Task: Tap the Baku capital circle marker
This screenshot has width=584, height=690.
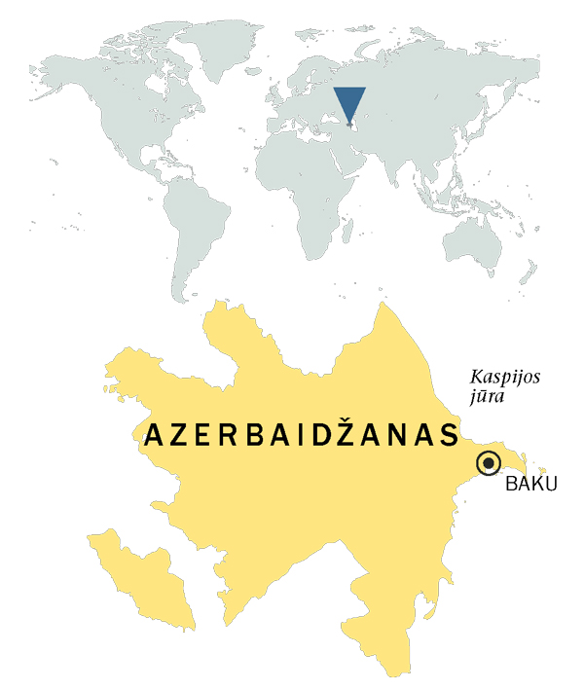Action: tap(489, 463)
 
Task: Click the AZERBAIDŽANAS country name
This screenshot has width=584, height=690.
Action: tap(301, 435)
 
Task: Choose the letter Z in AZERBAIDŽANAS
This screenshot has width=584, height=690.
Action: tap(179, 436)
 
